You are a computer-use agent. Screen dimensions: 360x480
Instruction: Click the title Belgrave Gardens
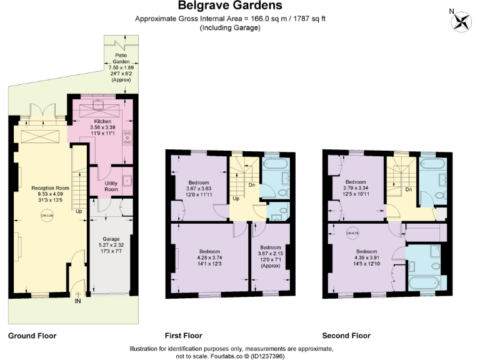(x=230, y=6)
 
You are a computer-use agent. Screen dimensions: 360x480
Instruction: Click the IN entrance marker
(x=77, y=301)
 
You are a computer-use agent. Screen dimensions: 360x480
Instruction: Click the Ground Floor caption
(x=32, y=336)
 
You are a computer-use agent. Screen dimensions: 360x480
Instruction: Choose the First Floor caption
(x=183, y=336)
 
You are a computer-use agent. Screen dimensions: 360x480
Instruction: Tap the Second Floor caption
(x=345, y=336)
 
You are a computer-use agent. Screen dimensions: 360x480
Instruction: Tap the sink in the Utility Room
(x=127, y=181)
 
